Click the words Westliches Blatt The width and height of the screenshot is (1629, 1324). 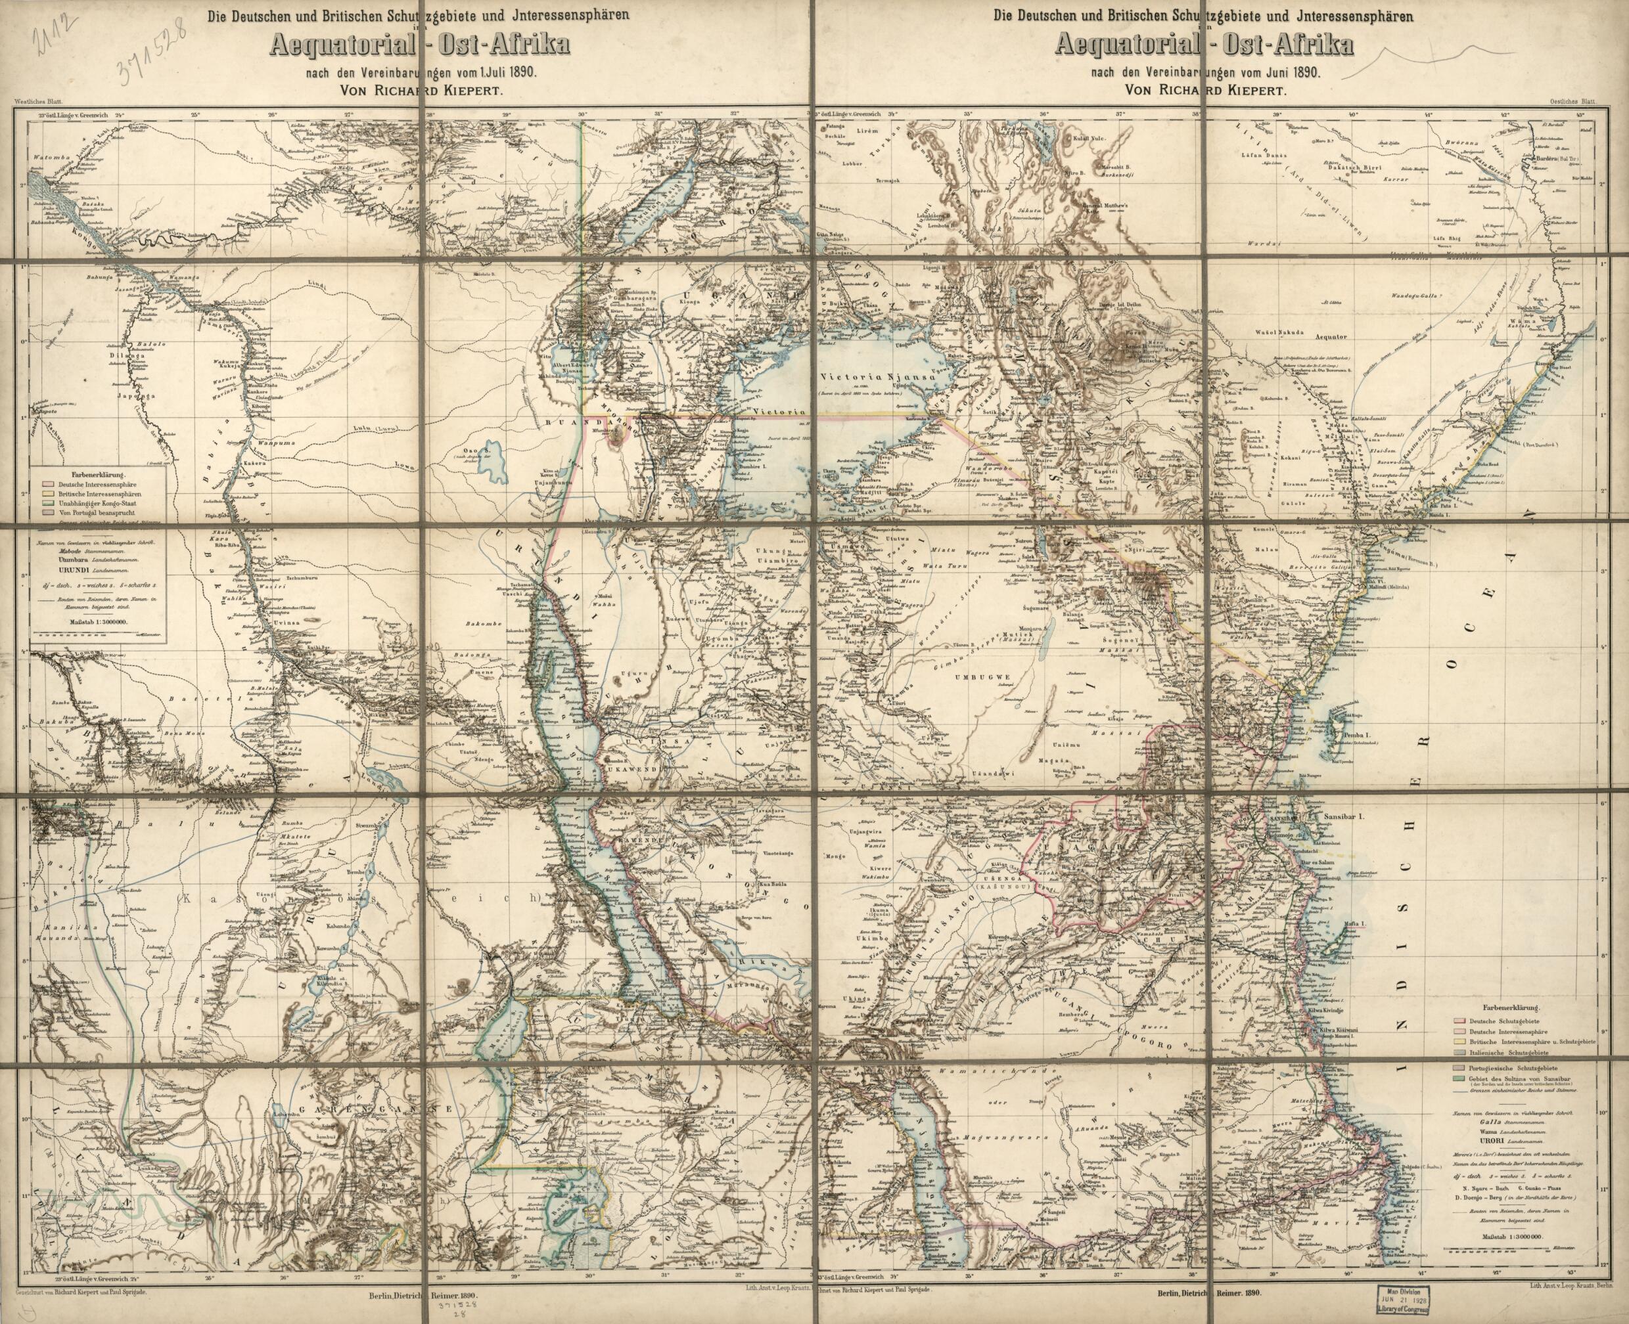pos(47,101)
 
